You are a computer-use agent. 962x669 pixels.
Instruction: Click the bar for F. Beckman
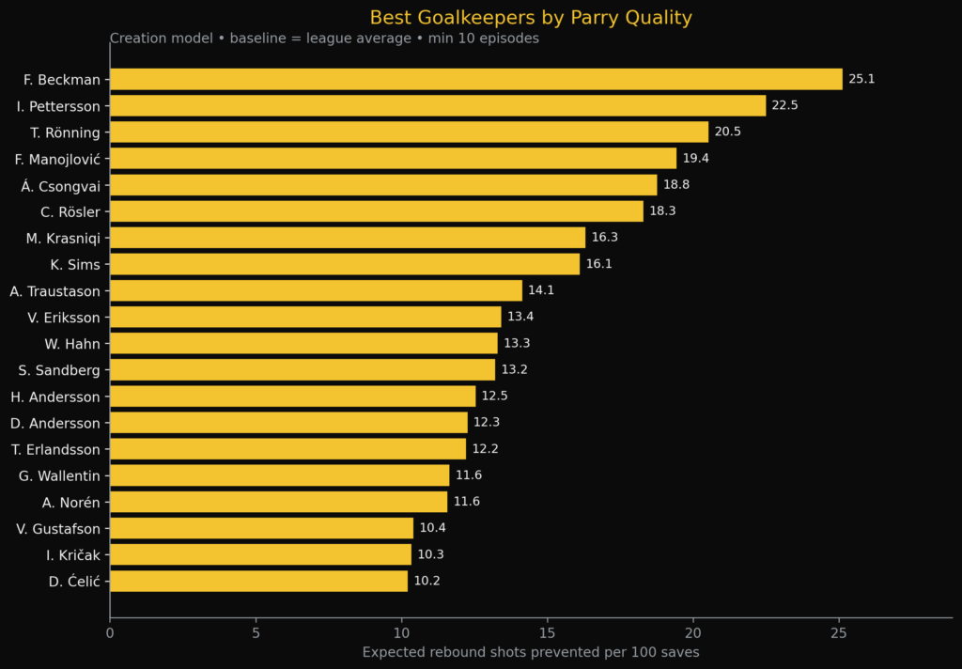click(475, 79)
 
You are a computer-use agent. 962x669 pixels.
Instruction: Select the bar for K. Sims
click(345, 264)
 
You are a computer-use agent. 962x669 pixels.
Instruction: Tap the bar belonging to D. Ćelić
click(258, 581)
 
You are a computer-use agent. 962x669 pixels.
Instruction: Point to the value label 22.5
click(784, 105)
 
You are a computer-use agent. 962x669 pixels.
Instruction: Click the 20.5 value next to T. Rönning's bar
click(727, 132)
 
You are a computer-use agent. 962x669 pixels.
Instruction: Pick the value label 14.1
click(541, 290)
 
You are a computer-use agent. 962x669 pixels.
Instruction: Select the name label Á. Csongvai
click(60, 185)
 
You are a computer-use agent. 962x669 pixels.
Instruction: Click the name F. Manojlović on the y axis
click(57, 159)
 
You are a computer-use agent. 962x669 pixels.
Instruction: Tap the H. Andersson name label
click(55, 397)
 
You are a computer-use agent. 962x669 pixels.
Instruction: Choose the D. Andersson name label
click(55, 423)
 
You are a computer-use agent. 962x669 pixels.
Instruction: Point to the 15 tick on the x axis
click(548, 633)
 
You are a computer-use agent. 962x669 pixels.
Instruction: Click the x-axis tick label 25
click(839, 633)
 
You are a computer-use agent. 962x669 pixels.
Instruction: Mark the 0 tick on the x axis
click(110, 633)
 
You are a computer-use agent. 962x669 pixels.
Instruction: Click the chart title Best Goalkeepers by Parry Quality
click(531, 18)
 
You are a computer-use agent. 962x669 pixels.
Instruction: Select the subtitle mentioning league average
click(324, 39)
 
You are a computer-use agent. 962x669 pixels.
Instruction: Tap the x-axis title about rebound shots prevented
click(531, 652)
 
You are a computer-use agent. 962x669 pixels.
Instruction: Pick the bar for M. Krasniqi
click(348, 238)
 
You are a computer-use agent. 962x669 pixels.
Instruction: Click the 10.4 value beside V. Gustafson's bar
click(432, 528)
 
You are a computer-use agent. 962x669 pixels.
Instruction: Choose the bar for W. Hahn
click(303, 343)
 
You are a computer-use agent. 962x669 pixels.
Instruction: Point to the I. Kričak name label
click(72, 554)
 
